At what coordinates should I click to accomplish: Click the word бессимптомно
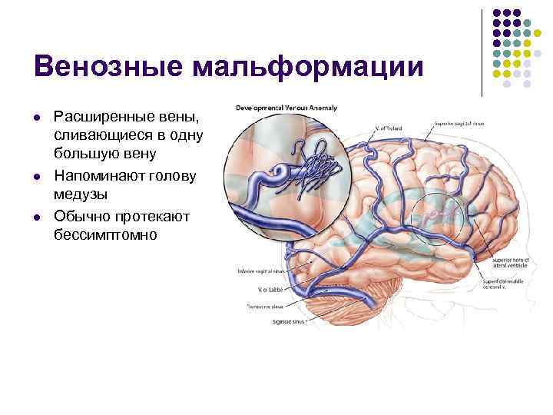point(105,235)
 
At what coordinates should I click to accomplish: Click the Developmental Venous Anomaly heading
point(287,108)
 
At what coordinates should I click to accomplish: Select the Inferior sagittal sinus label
point(262,271)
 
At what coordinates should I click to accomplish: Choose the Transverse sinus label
point(263,306)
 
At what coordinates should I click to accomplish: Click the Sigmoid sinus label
point(287,322)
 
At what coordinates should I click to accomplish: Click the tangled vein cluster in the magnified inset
point(315,168)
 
